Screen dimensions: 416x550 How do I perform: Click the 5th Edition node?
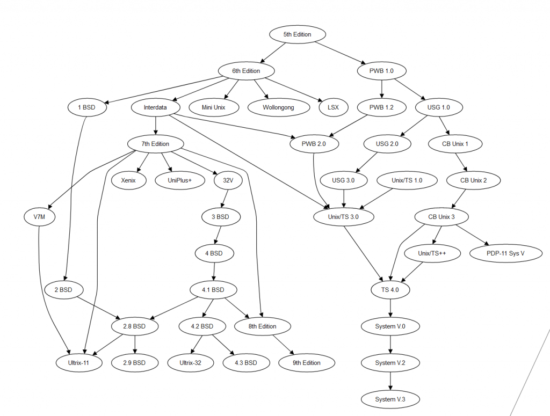[297, 34]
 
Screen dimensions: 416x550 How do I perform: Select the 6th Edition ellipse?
[247, 71]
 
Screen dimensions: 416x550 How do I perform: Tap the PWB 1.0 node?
[381, 71]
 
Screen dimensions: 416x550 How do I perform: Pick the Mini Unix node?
[213, 107]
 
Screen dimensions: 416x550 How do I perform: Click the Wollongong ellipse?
[279, 107]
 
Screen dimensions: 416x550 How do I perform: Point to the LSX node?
[332, 107]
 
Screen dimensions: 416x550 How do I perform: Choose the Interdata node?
[155, 107]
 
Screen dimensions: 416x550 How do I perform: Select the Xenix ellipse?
[129, 180]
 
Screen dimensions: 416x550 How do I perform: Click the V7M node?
[39, 217]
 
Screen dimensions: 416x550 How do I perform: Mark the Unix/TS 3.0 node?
[343, 217]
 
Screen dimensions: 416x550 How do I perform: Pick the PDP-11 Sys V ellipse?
[505, 253]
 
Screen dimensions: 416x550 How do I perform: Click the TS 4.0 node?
[390, 290]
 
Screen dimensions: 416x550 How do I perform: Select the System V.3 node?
[390, 399]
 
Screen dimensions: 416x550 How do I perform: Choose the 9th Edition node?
[307, 363]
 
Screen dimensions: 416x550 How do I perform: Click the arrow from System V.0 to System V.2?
[390, 345]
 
